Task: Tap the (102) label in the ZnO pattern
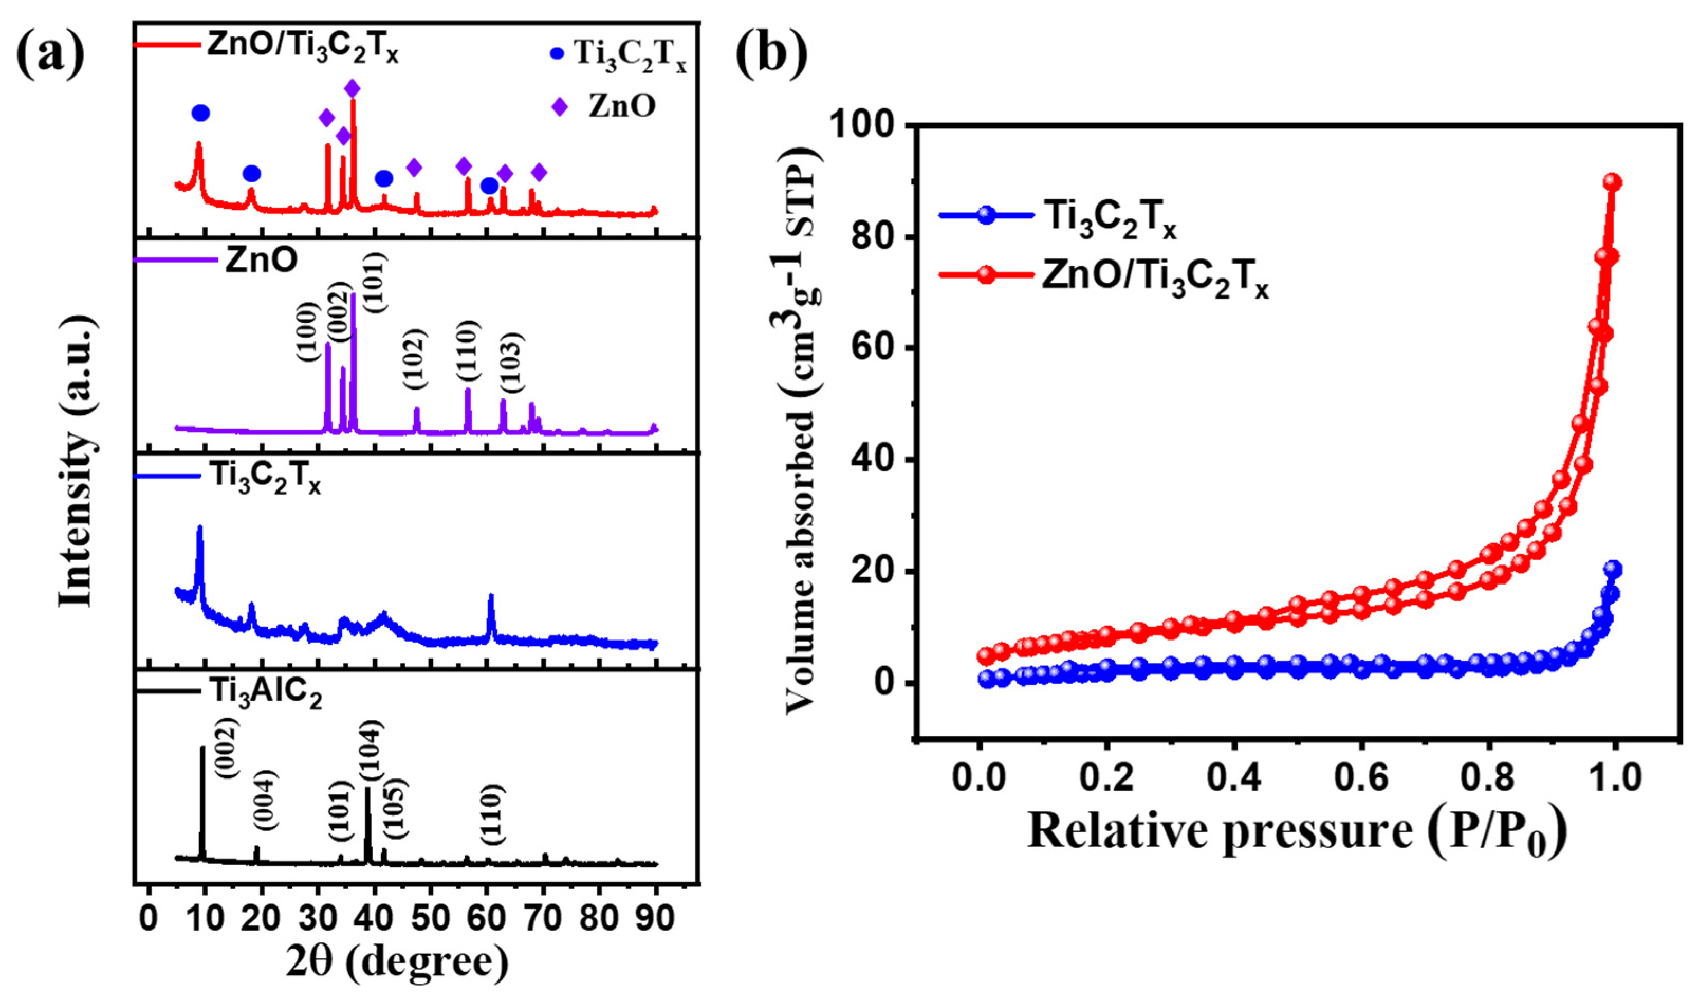[x=415, y=359]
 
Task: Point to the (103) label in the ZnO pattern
[x=511, y=363]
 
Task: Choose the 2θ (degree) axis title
[x=396, y=966]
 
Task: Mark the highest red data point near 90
[x=1614, y=182]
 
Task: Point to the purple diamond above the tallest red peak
[x=353, y=88]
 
